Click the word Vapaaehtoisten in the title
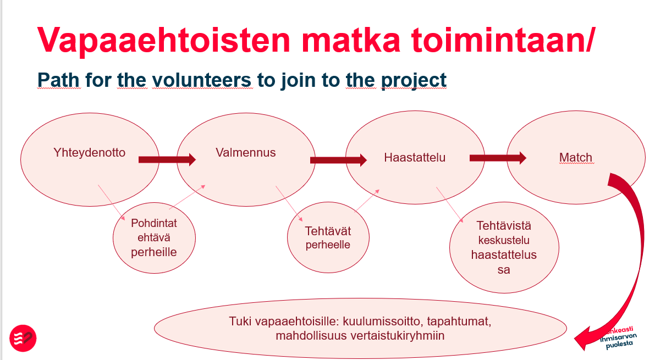[163, 40]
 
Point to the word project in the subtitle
[414, 81]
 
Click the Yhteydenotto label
[90, 152]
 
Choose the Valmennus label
[246, 152]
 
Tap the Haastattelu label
[415, 157]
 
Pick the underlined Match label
[576, 157]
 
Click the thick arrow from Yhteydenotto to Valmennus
[167, 159]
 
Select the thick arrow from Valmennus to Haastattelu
[338, 159]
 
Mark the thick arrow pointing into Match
[498, 158]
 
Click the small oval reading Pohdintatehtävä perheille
[154, 237]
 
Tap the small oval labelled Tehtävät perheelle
[328, 237]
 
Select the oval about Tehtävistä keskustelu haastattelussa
[504, 248]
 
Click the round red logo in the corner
[23, 338]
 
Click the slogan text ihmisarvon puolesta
[619, 340]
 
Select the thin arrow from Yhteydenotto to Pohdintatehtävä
[112, 203]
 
